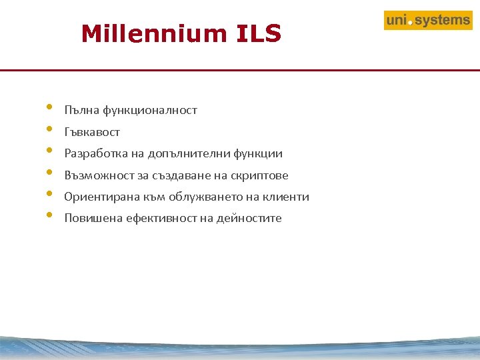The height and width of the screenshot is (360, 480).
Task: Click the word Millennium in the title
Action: (x=153, y=33)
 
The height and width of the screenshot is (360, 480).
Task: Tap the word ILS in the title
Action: (x=259, y=33)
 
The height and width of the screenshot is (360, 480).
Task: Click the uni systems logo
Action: (x=428, y=21)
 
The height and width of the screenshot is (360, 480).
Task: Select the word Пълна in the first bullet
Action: (x=79, y=111)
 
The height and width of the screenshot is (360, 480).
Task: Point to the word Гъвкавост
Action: (x=92, y=132)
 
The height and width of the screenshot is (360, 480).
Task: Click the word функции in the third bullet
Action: (x=258, y=154)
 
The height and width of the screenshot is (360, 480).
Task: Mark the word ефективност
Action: (x=157, y=219)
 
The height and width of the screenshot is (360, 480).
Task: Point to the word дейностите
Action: (x=249, y=219)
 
